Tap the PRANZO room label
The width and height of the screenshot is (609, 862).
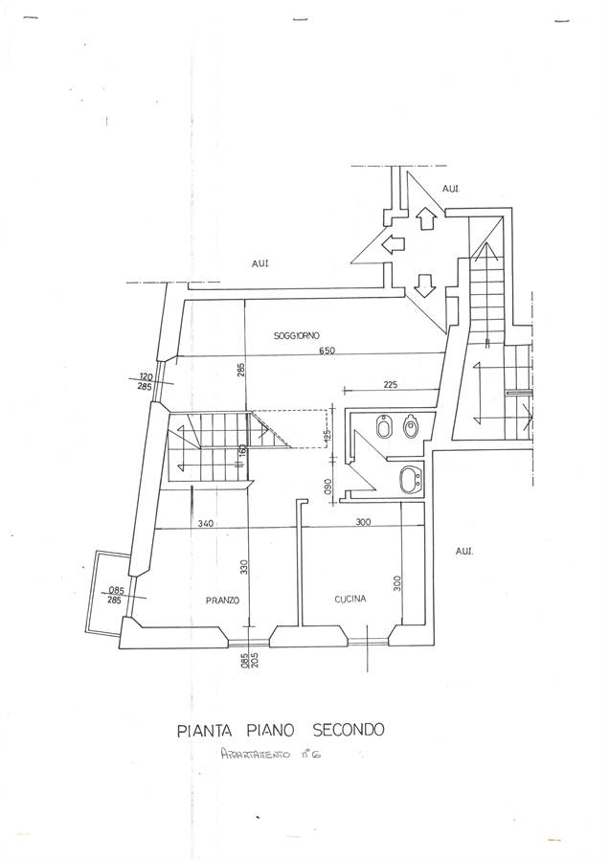click(221, 601)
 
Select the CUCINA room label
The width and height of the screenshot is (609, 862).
click(350, 601)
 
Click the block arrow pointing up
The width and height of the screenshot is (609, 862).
click(427, 219)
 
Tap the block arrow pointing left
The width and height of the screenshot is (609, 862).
click(392, 245)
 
